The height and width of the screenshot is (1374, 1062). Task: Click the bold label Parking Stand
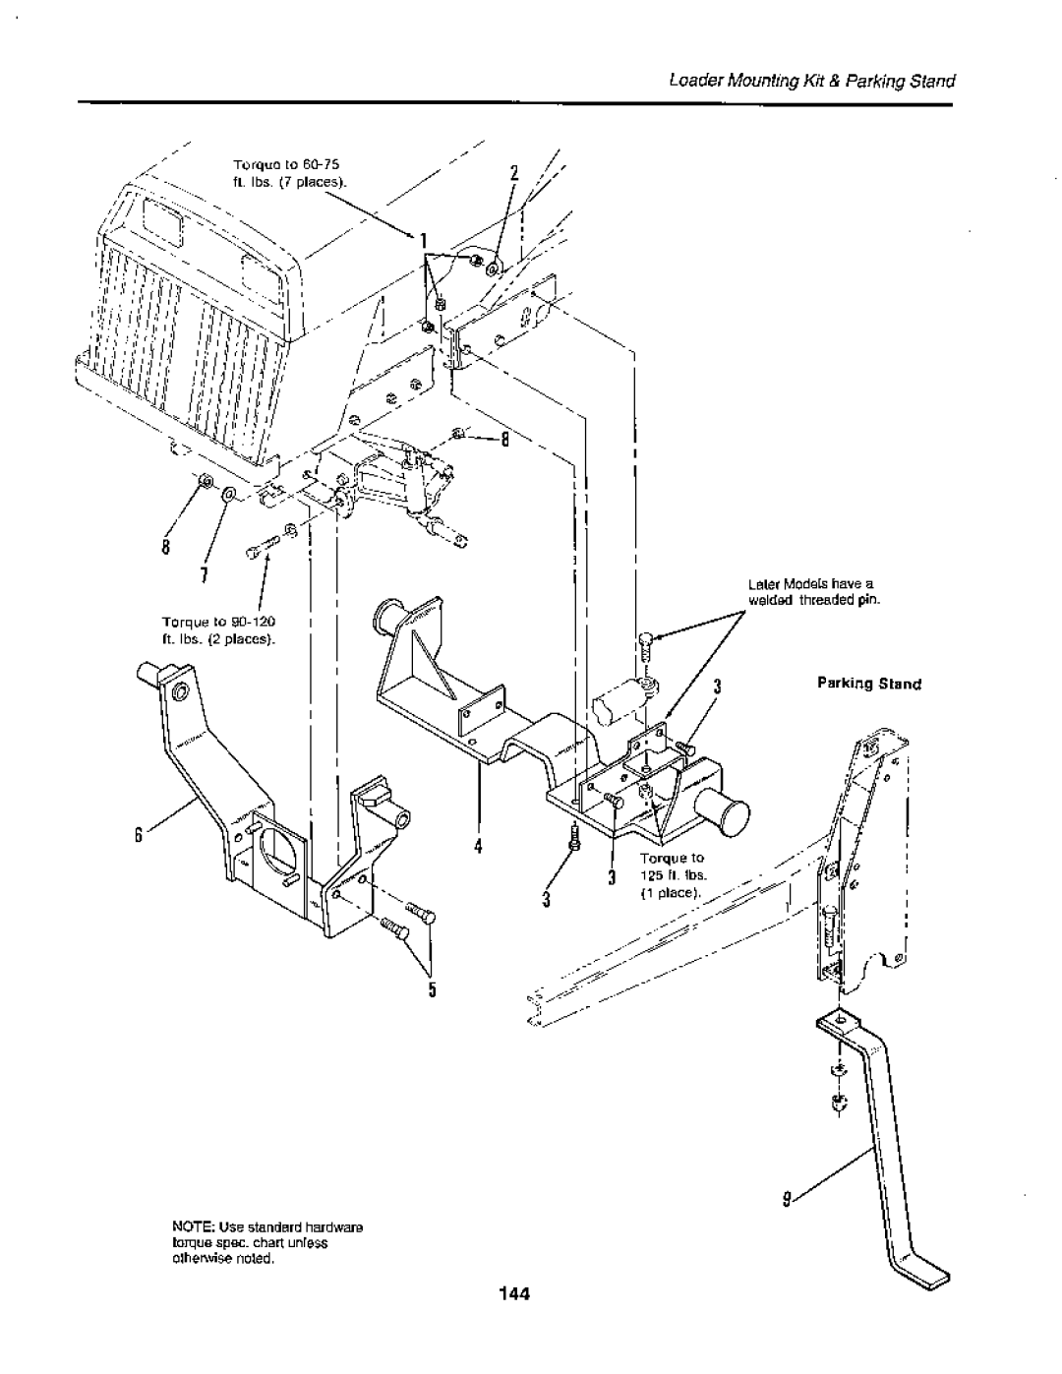click(x=869, y=684)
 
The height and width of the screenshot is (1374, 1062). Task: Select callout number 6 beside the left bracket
click(x=137, y=835)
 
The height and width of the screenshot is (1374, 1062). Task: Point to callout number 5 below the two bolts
click(x=433, y=989)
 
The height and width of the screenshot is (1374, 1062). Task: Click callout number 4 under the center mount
click(x=479, y=846)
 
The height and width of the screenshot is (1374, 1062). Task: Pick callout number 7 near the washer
click(x=204, y=574)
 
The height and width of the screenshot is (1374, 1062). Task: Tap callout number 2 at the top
click(x=514, y=173)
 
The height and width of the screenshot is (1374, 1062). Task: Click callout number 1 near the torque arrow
click(x=425, y=241)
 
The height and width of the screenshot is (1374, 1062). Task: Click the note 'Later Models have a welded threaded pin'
click(x=814, y=592)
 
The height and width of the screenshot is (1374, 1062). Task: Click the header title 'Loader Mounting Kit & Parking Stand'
click(x=812, y=81)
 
